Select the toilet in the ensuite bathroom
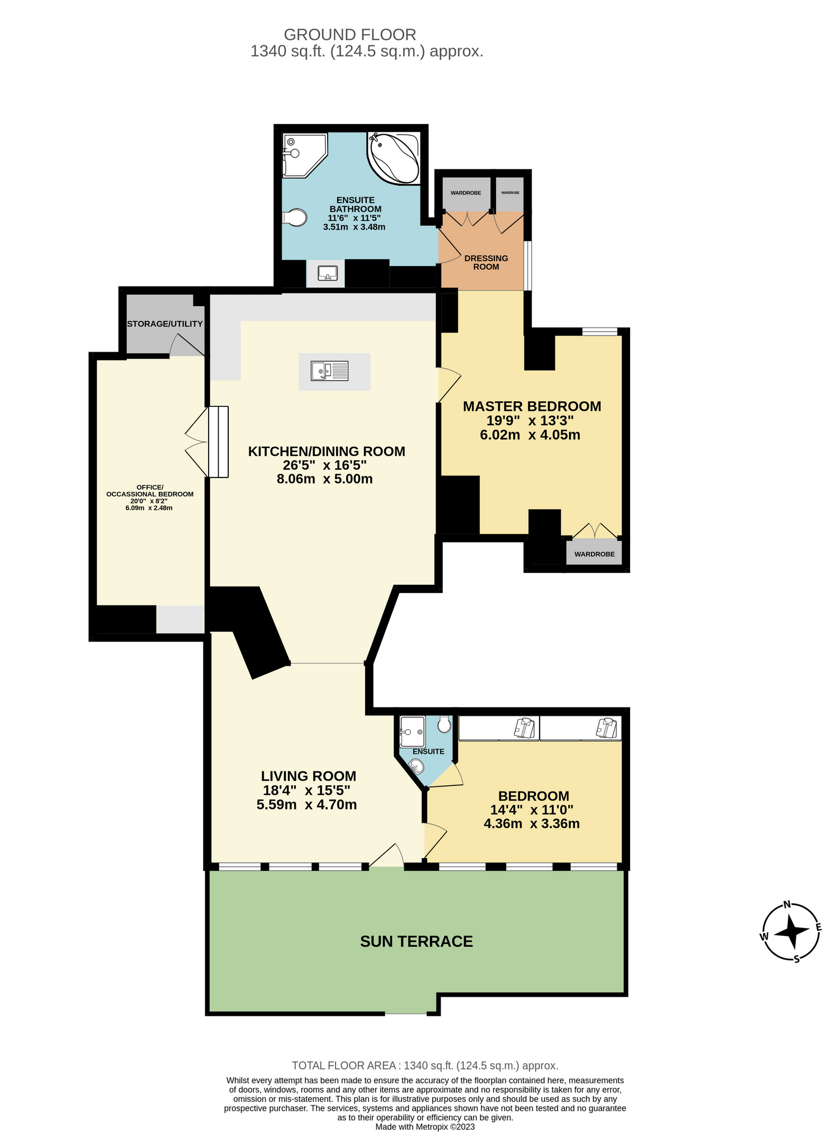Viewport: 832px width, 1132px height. tap(295, 217)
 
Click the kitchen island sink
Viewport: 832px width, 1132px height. tap(330, 371)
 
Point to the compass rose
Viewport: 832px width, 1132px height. tap(791, 931)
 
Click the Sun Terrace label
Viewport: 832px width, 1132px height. tap(417, 941)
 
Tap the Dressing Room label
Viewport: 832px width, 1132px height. tap(486, 262)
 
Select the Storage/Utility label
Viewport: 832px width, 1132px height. tap(165, 324)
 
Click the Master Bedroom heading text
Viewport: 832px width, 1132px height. tap(532, 406)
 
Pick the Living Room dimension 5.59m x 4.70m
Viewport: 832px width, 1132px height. tap(306, 804)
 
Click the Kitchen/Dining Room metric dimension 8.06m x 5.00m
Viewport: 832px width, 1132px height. tap(324, 479)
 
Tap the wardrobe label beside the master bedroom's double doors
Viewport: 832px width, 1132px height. tap(594, 554)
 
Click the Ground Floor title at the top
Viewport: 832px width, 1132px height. tap(350, 35)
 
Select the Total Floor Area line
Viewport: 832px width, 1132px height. tap(425, 1065)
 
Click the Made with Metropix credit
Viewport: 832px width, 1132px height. tap(425, 1126)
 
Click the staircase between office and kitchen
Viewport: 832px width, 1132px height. tap(218, 442)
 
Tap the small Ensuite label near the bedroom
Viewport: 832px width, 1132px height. tap(428, 751)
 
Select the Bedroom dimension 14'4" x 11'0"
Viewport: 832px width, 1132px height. tap(532, 809)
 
